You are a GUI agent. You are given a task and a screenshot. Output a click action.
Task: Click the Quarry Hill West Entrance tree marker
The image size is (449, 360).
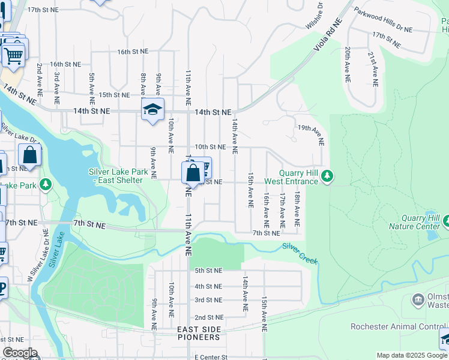(x=327, y=176)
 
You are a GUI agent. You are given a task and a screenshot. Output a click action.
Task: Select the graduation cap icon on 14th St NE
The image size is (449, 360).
(x=152, y=110)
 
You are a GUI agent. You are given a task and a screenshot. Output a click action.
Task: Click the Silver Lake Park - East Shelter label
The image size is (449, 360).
(x=118, y=176)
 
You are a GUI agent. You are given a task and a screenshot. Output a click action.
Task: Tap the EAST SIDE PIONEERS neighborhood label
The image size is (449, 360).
(x=199, y=333)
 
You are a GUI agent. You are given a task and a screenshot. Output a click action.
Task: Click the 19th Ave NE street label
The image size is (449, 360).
(x=311, y=135)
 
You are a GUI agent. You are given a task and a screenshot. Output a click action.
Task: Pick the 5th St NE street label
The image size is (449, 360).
(x=208, y=271)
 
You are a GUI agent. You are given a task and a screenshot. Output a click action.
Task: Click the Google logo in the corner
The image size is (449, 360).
(x=20, y=353)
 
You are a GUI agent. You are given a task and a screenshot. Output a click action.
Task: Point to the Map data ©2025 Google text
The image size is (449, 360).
(x=412, y=355)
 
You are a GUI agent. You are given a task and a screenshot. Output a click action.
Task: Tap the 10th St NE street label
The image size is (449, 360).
(x=210, y=146)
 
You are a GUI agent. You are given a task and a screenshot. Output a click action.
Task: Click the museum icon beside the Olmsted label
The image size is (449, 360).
(x=418, y=299)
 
